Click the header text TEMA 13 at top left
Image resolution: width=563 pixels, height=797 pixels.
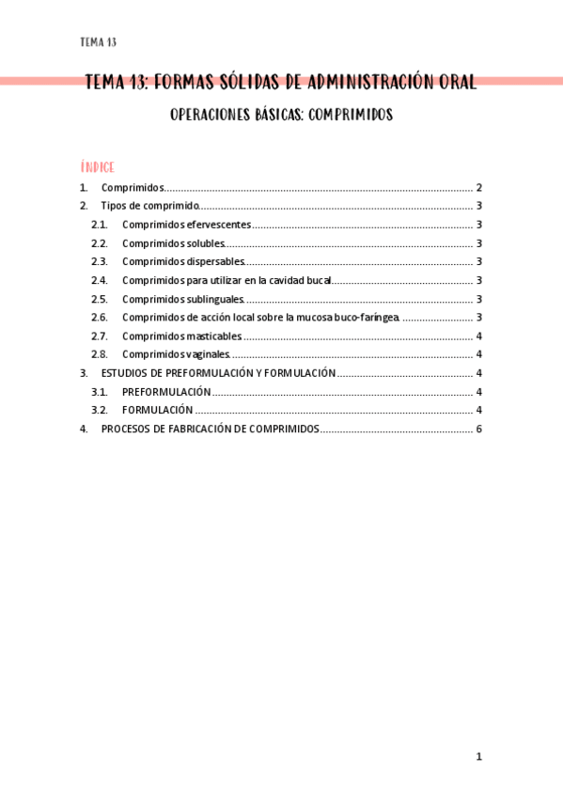tap(99, 42)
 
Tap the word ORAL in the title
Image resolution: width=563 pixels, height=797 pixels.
tap(457, 82)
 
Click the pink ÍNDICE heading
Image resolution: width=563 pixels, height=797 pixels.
tap(98, 167)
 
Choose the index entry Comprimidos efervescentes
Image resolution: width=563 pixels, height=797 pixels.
tap(186, 225)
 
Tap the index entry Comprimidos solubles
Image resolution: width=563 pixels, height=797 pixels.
tap(173, 243)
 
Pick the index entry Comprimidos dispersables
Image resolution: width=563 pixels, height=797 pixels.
tap(183, 262)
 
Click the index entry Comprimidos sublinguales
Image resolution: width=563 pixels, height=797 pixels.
tap(182, 299)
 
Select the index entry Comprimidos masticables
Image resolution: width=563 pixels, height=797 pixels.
tap(181, 336)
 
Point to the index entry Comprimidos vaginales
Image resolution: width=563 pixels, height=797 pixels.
tap(176, 354)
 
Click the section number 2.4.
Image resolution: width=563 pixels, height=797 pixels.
tap(100, 280)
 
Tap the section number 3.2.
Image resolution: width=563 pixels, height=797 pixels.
tap(100, 410)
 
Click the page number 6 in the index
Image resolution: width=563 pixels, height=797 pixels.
tap(479, 429)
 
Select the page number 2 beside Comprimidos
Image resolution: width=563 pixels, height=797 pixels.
tap(479, 188)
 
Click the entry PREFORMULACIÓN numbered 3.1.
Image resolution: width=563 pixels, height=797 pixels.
tap(166, 392)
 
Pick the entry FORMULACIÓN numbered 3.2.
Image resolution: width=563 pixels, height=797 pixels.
tap(158, 410)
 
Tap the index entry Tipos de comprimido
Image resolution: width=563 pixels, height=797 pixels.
tap(149, 206)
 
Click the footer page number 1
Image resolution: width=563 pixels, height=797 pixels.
tap(478, 757)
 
